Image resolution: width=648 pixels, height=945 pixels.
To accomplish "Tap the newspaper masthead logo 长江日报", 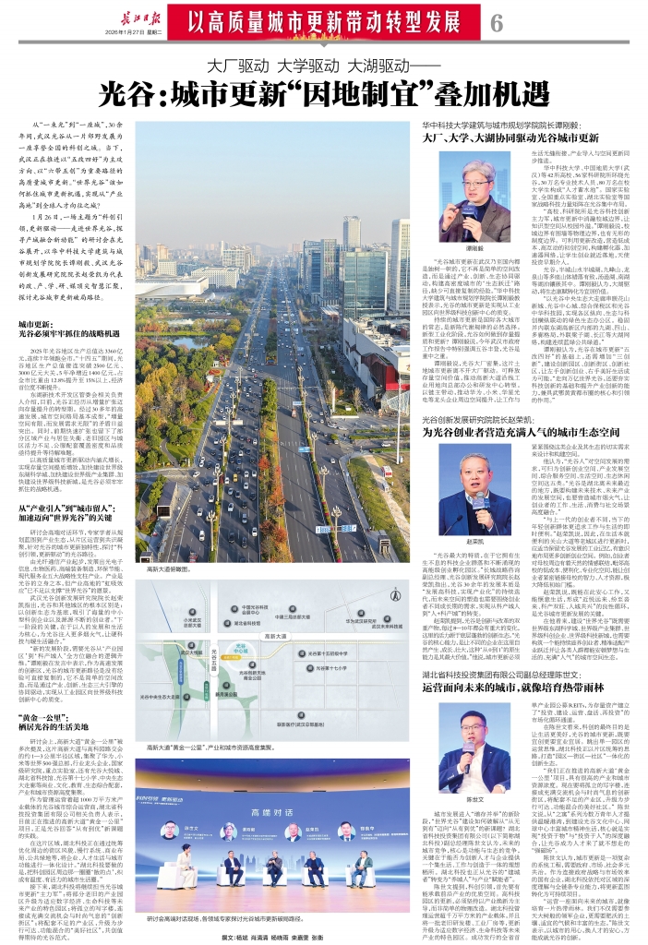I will (x=126, y=15).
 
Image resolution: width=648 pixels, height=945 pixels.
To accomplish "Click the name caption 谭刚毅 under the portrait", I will (x=448, y=250).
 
